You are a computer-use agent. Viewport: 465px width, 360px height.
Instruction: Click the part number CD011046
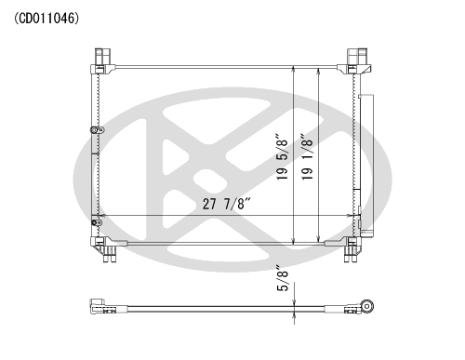[x=46, y=19]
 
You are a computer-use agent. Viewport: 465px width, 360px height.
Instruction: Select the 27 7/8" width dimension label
[x=226, y=204]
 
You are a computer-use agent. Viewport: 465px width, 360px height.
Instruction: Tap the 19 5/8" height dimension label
[x=283, y=157]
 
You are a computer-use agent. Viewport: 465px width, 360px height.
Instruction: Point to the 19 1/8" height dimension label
[x=307, y=157]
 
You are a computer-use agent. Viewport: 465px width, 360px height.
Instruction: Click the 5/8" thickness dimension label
[x=283, y=278]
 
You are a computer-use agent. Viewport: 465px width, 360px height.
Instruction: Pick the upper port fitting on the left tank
[x=97, y=130]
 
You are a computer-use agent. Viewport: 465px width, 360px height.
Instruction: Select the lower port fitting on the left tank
[x=97, y=222]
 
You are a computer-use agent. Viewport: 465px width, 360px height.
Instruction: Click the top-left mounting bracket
[x=102, y=61]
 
